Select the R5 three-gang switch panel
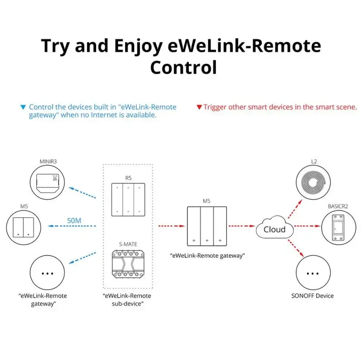click(128, 199)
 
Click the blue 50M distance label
click(74, 221)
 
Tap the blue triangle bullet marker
click(23, 108)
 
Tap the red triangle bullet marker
click(199, 108)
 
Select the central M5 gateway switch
click(206, 226)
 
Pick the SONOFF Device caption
click(312, 296)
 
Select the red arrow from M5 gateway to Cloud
click(241, 226)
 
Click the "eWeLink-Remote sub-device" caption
click(127, 299)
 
